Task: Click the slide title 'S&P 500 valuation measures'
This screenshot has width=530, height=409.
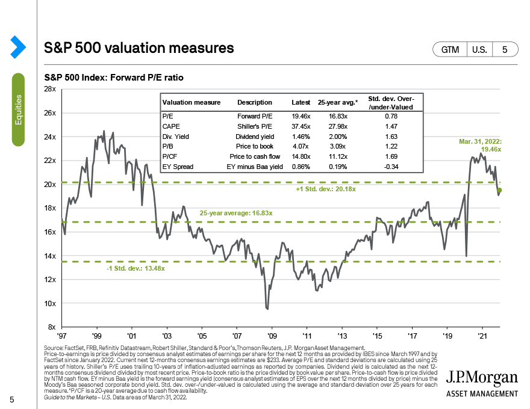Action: [139, 47]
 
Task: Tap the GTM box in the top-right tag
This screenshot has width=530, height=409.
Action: [449, 50]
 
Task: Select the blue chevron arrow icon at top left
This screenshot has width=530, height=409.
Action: [17, 46]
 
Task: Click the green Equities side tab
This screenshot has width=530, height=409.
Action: [19, 109]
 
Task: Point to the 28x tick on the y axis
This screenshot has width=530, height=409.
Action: [49, 89]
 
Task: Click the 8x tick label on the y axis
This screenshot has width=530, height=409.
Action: [52, 327]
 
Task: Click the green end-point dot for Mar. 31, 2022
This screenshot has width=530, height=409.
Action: [500, 191]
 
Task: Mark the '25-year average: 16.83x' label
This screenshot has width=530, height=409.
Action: [236, 214]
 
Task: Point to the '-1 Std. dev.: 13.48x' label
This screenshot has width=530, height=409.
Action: [135, 269]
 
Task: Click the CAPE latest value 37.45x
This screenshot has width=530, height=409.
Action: [300, 127]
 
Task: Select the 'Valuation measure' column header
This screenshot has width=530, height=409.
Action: [192, 103]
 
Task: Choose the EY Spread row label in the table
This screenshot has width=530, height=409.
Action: [178, 166]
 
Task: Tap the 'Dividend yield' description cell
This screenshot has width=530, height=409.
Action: [255, 137]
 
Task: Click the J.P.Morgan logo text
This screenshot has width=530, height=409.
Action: [482, 378]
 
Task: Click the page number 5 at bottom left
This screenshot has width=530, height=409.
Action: [11, 401]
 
